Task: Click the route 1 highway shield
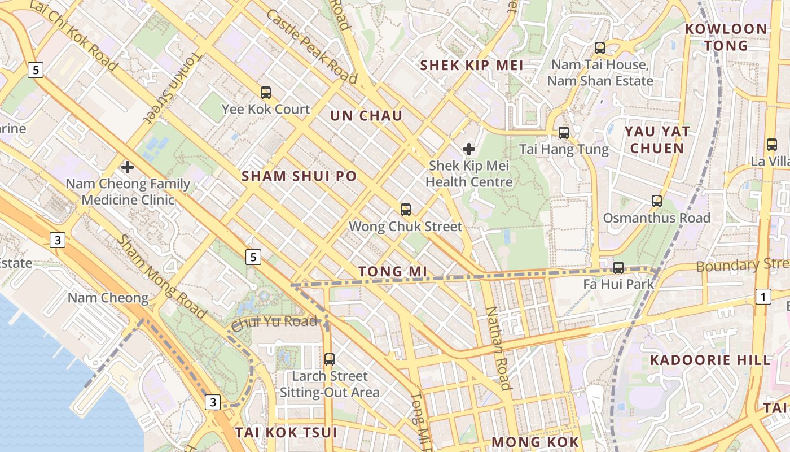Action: tap(763, 297)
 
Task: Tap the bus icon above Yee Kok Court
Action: tap(265, 92)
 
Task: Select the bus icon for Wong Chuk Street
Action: tap(405, 210)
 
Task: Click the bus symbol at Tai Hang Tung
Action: tap(563, 133)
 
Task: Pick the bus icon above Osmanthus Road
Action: tap(656, 201)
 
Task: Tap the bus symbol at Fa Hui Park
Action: tap(618, 267)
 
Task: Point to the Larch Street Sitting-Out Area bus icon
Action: tap(330, 359)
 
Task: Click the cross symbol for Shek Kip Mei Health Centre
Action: tap(468, 149)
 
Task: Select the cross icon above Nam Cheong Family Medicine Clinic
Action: tap(128, 167)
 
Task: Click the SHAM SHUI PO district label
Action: tap(299, 176)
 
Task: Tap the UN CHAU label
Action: tap(366, 116)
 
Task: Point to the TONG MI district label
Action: tap(393, 272)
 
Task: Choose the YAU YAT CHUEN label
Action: tap(657, 140)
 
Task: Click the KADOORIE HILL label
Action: tap(710, 360)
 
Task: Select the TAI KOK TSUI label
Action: tap(286, 432)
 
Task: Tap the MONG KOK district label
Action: tap(536, 441)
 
